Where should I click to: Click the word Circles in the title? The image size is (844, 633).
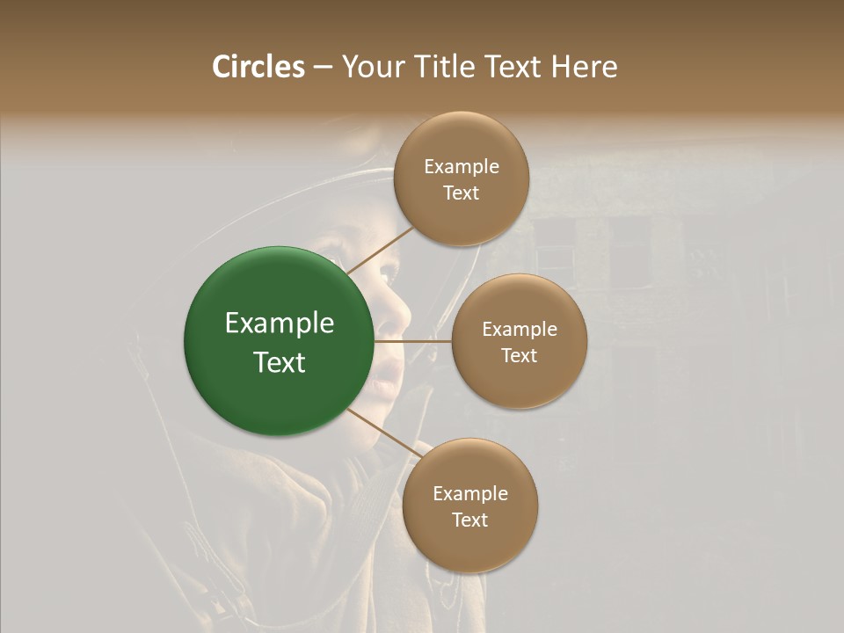pyautogui.click(x=258, y=67)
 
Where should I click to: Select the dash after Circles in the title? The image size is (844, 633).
pyautogui.click(x=322, y=68)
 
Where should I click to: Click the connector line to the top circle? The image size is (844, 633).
pyautogui.click(x=380, y=251)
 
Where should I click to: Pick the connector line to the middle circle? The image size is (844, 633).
pyautogui.click(x=411, y=340)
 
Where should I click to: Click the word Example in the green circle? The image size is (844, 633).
pyautogui.click(x=280, y=324)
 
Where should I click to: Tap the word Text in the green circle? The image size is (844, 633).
pyautogui.click(x=280, y=362)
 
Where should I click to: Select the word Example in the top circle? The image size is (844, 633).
pyautogui.click(x=462, y=166)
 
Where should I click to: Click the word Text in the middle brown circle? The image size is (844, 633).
pyautogui.click(x=519, y=355)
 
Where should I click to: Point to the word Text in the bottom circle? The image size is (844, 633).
pyautogui.click(x=469, y=520)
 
